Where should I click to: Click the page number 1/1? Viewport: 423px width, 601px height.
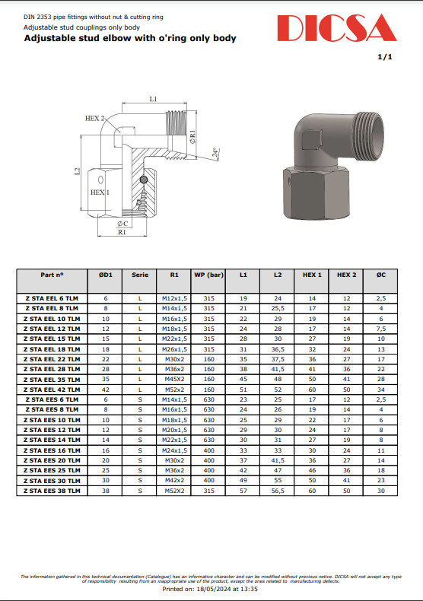(x=385, y=58)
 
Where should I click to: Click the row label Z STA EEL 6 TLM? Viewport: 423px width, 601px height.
(x=52, y=298)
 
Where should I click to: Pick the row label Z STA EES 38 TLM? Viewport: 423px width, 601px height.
(x=52, y=491)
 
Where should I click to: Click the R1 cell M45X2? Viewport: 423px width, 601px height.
(x=175, y=378)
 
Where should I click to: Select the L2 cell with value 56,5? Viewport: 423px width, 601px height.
(x=278, y=491)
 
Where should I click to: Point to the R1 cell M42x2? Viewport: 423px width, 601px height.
(x=175, y=481)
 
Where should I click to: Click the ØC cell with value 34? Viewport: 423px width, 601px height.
(x=381, y=389)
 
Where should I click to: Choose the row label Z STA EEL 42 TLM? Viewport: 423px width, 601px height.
(x=52, y=389)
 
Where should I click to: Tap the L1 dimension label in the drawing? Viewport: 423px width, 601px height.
(x=153, y=99)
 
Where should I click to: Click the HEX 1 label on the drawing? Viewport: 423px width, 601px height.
(x=100, y=192)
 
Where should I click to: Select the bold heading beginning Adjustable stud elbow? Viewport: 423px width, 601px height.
(x=130, y=38)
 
